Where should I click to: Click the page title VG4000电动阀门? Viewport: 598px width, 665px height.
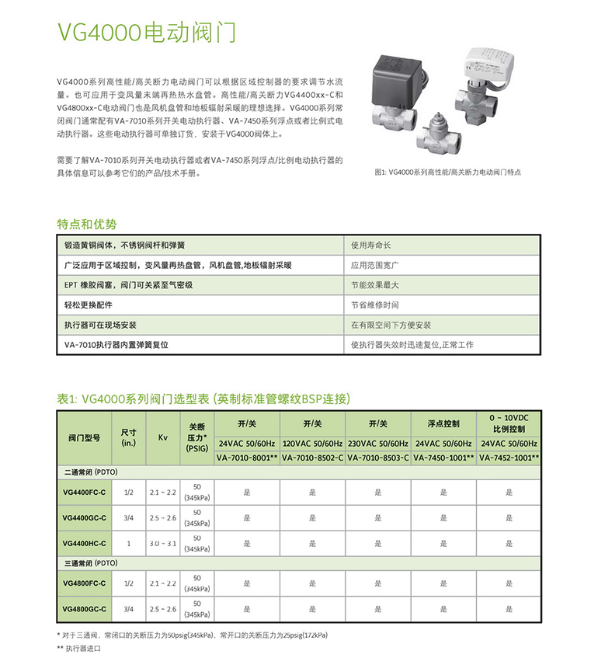click(x=146, y=32)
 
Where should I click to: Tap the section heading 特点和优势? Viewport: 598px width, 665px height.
click(x=87, y=224)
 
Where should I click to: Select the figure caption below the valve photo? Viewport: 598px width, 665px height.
click(x=448, y=171)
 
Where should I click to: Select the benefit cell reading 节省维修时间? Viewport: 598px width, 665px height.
click(x=374, y=305)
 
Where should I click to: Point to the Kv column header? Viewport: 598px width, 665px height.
click(x=163, y=438)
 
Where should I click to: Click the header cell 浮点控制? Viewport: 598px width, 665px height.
click(x=443, y=423)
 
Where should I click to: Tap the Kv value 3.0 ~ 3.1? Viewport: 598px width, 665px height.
click(x=163, y=543)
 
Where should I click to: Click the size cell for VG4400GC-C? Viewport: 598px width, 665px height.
click(x=128, y=517)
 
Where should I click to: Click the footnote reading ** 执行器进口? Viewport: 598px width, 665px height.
click(x=80, y=647)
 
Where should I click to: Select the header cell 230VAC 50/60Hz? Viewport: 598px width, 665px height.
click(x=378, y=444)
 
